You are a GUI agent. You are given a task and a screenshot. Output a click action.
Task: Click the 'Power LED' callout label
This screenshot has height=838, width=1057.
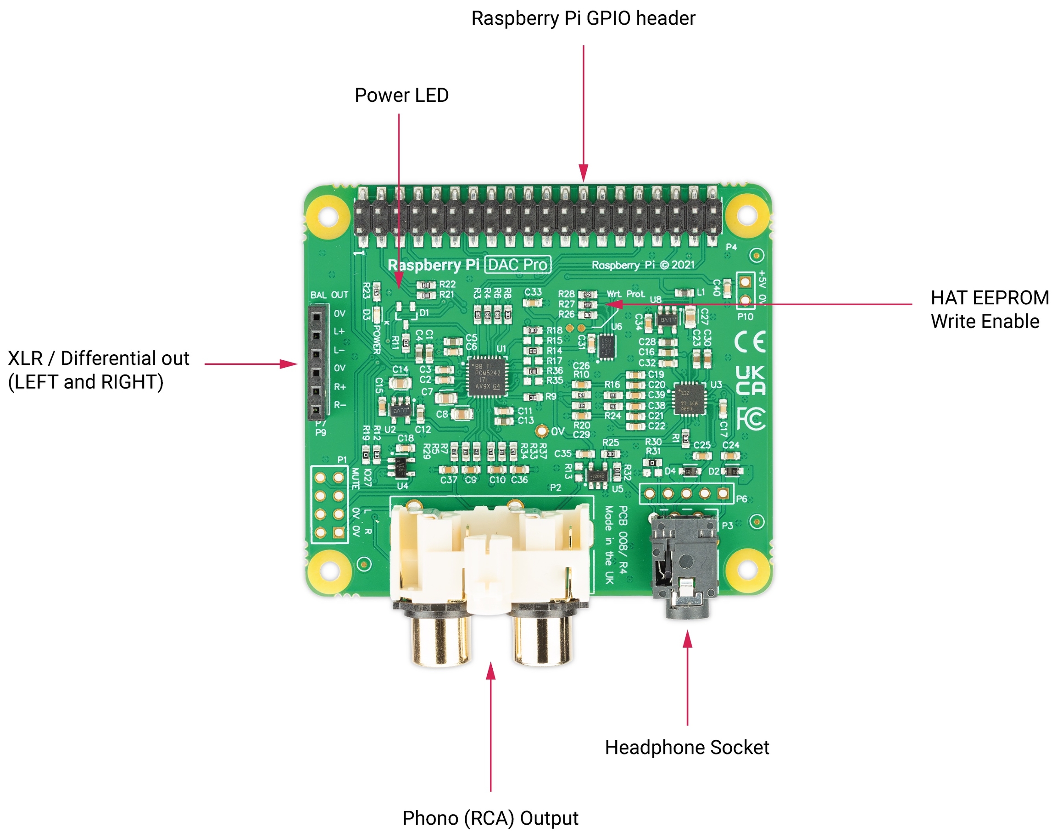click(x=401, y=95)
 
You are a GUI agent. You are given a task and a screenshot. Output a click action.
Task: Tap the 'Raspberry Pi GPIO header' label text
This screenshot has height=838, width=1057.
click(x=583, y=18)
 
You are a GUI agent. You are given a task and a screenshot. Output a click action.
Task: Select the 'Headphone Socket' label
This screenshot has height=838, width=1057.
click(x=686, y=747)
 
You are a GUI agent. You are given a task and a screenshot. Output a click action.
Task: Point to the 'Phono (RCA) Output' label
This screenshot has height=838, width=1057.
click(x=490, y=818)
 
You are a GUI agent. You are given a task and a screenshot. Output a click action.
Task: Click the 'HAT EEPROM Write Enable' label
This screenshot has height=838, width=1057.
click(x=990, y=309)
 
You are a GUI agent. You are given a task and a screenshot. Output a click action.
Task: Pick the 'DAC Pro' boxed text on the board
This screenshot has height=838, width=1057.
click(x=517, y=265)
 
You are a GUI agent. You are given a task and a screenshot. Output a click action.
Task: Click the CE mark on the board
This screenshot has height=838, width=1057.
click(x=750, y=342)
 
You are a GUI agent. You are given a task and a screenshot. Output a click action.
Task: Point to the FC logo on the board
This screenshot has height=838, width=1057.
click(x=751, y=419)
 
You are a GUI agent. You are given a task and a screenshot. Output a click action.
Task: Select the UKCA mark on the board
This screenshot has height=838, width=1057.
click(x=750, y=380)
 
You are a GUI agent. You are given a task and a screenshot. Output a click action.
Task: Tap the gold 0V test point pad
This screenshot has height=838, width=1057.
click(x=541, y=431)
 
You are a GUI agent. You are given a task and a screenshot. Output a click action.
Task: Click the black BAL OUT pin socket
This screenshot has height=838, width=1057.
click(x=317, y=363)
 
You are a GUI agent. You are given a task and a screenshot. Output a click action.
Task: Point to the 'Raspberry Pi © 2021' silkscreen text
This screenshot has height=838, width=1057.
click(x=643, y=265)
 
